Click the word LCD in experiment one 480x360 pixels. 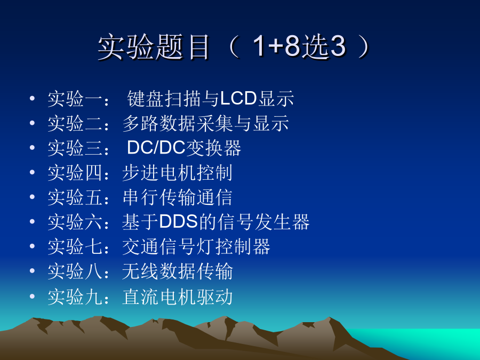point(238,99)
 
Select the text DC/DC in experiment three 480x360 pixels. point(156,148)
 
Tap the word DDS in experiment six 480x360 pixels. point(178,221)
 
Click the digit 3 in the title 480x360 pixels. point(338,46)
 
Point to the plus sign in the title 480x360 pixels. point(276,46)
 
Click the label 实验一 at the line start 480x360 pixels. point(75,99)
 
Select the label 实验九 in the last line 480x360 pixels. point(75,297)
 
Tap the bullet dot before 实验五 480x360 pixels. point(32,196)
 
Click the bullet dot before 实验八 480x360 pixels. point(32,270)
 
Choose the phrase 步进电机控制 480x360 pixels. point(177,172)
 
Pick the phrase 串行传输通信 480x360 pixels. point(177,197)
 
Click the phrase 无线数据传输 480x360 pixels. point(177,271)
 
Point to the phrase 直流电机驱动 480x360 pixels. point(177,297)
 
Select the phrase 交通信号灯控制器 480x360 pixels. point(196,246)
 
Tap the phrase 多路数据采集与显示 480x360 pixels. point(205,123)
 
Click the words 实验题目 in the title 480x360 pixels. point(154,46)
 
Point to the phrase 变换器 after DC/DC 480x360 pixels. point(213,148)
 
